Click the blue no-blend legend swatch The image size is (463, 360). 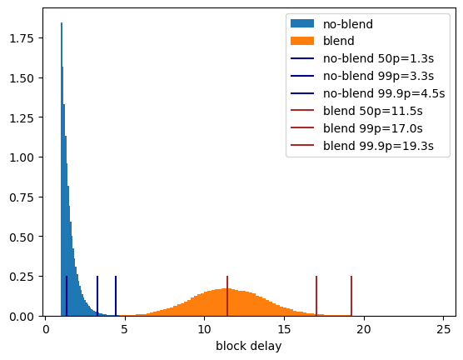click(x=302, y=23)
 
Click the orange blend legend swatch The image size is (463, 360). click(x=302, y=41)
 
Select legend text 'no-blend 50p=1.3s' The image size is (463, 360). click(x=379, y=58)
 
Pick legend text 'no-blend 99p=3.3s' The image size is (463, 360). click(x=379, y=76)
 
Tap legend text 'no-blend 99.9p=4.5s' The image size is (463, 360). click(x=384, y=93)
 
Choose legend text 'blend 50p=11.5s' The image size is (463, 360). click(x=373, y=111)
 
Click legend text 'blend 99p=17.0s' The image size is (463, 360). click(x=373, y=128)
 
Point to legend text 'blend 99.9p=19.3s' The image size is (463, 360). click(x=379, y=146)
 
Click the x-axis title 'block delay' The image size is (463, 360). click(x=249, y=346)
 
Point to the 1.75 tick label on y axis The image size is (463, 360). click(x=22, y=38)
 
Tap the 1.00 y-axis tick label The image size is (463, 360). click(x=22, y=157)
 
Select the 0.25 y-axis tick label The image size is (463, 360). click(x=22, y=277)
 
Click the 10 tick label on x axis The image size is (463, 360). click(x=204, y=329)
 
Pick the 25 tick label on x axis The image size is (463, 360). click(x=444, y=329)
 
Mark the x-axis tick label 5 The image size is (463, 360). click(x=125, y=329)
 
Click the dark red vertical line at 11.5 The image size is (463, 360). click(x=227, y=296)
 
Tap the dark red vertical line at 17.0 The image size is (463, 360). click(x=316, y=296)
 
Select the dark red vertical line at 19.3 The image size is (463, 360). click(x=351, y=296)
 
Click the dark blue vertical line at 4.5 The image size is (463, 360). click(x=116, y=296)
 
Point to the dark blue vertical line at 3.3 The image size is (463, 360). click(x=97, y=296)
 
